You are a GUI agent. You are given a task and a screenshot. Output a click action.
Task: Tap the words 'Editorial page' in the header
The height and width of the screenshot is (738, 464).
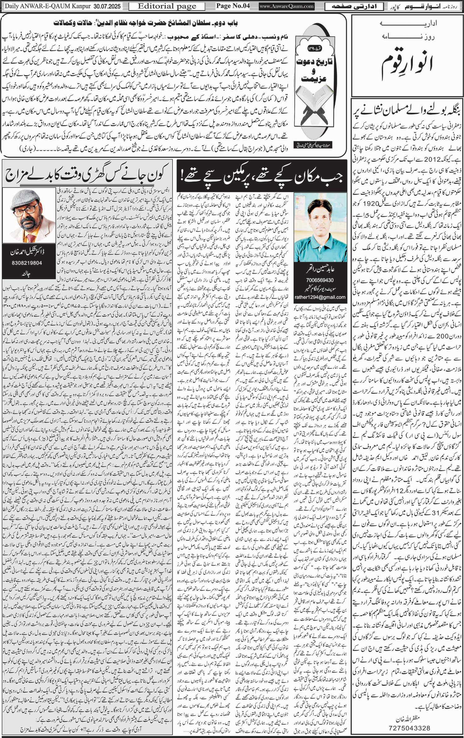[167, 6]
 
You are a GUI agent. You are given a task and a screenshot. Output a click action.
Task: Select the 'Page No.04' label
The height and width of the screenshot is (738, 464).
[233, 6]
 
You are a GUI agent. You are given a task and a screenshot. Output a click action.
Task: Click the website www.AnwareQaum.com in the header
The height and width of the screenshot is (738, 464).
[286, 6]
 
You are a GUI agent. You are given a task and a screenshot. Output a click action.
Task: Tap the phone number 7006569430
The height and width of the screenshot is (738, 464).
[320, 280]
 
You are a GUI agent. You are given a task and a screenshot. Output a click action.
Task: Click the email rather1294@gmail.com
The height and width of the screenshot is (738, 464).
[320, 297]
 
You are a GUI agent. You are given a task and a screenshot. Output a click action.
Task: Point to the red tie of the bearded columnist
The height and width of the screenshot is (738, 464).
[30, 238]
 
